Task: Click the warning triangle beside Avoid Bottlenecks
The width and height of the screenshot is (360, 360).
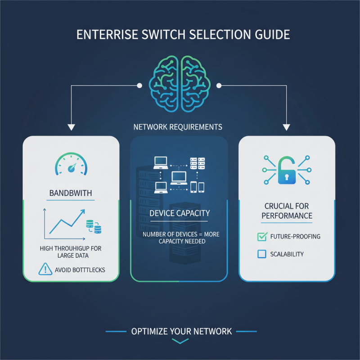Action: click(45, 270)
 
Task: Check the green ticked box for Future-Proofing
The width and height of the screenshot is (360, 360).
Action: click(261, 236)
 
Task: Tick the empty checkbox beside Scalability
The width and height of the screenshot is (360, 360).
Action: click(261, 254)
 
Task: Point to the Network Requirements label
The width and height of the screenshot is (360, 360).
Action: click(178, 127)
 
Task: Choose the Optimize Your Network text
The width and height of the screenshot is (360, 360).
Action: click(181, 332)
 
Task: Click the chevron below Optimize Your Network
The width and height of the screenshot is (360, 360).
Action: click(180, 342)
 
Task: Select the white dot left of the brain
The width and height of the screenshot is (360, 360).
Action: click(139, 85)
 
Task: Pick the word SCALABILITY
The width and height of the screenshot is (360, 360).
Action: click(287, 254)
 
